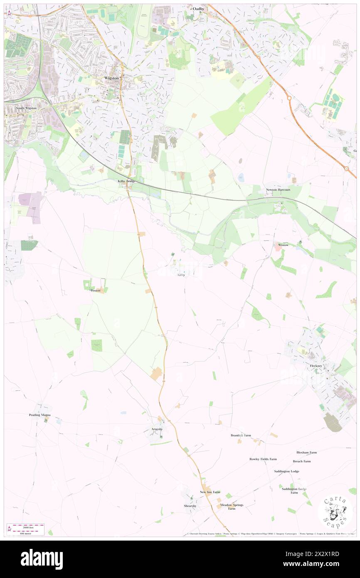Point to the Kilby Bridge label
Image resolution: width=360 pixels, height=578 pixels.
[x=126, y=181]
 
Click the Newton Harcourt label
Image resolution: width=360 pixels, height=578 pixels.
[x=278, y=190]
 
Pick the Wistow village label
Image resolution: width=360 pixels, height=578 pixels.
[x=283, y=245]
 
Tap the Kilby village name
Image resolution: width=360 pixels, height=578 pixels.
[x=182, y=275]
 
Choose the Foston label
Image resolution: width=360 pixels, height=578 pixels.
[x=96, y=290]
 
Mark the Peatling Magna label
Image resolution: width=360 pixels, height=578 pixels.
[x=40, y=415]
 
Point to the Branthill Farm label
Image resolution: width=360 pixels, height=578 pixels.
[x=241, y=435]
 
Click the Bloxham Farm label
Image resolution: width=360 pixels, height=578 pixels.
[x=306, y=452]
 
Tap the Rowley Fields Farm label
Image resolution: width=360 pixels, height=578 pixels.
[x=263, y=459]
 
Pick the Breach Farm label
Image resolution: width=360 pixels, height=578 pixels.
[x=301, y=461]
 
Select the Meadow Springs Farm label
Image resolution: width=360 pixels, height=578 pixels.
[x=232, y=507]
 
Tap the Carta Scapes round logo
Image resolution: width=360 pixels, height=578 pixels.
[x=335, y=512]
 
